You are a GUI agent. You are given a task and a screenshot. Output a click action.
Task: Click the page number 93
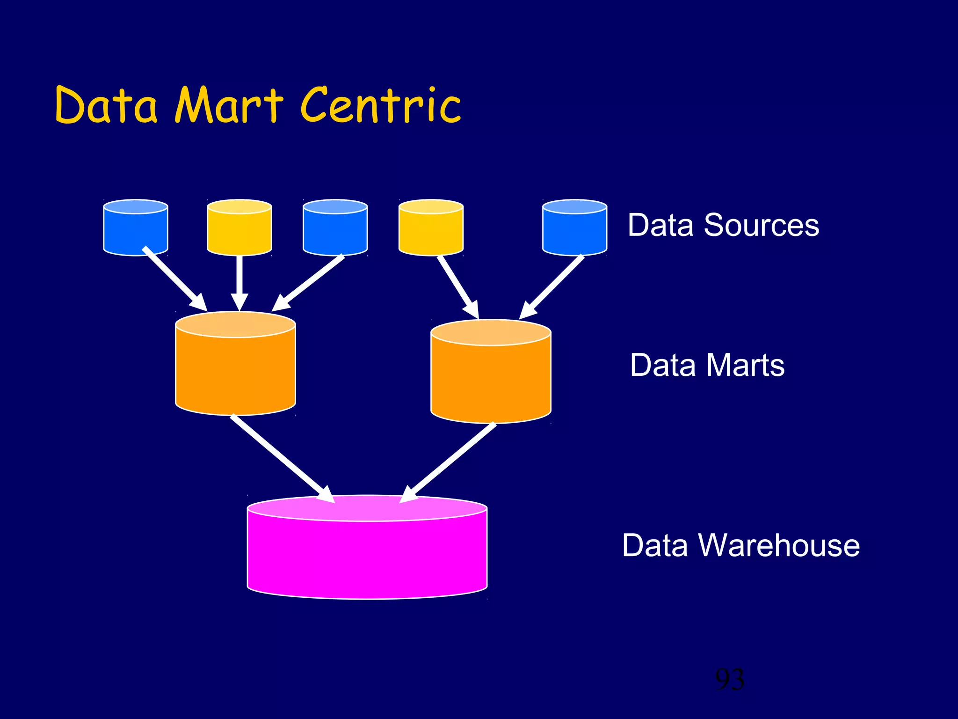(730, 679)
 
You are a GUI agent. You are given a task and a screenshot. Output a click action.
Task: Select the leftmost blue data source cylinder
(135, 229)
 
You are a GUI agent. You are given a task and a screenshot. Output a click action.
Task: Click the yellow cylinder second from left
(239, 229)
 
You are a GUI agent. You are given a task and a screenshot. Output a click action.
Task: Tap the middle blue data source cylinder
(335, 229)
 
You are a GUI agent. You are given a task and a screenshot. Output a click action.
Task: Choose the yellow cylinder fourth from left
(431, 229)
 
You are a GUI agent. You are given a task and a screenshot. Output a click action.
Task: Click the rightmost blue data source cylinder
(574, 229)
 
